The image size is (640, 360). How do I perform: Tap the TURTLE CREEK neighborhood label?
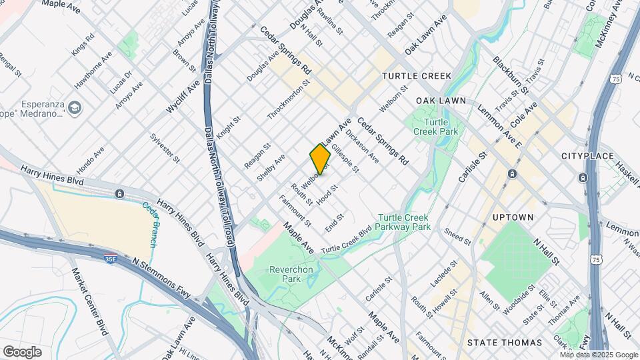point(417,77)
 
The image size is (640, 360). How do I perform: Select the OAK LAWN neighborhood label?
point(439,100)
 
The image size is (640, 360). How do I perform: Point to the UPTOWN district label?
point(513,217)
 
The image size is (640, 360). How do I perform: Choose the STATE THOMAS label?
point(505,343)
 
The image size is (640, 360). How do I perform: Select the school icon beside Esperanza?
point(75,107)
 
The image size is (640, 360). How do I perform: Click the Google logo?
point(22,351)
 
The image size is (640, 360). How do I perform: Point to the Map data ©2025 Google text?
point(599,355)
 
